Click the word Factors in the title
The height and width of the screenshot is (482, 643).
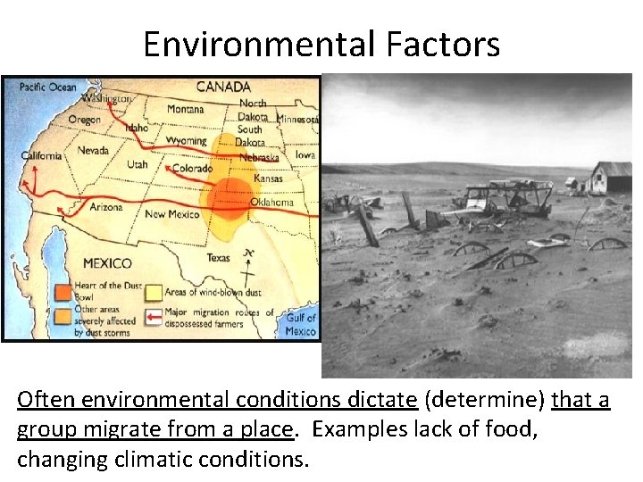click(x=450, y=44)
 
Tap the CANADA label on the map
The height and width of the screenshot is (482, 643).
click(x=223, y=87)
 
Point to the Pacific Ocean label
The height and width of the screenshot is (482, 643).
click(x=49, y=87)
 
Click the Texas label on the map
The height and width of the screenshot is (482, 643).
click(x=219, y=257)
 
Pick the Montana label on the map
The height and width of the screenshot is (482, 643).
click(x=185, y=109)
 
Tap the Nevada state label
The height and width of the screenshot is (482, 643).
click(x=93, y=150)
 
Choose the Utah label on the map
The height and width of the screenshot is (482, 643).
click(x=137, y=165)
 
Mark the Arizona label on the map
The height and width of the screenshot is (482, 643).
click(x=106, y=207)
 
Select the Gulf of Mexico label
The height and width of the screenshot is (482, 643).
click(x=301, y=324)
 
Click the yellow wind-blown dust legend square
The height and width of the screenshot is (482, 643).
click(x=153, y=292)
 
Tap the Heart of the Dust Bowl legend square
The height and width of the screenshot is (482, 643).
click(x=62, y=292)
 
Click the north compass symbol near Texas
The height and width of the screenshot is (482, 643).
click(x=248, y=265)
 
